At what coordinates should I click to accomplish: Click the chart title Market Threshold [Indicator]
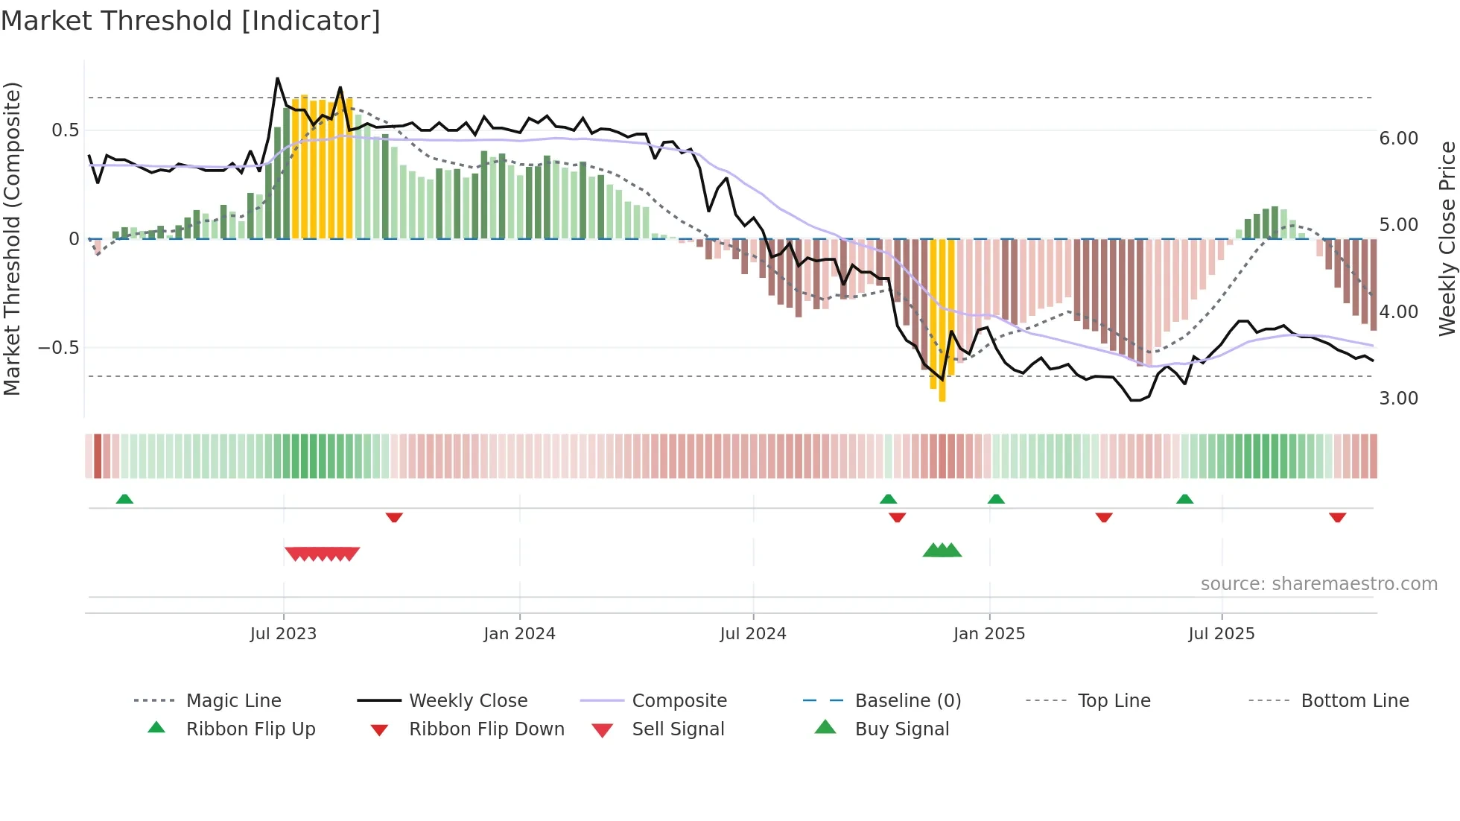tap(191, 21)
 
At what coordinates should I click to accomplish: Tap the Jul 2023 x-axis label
tap(283, 634)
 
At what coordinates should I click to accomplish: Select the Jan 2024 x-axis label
tap(519, 634)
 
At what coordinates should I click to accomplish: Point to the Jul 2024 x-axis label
tap(753, 634)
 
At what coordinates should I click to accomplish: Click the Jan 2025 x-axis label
tap(989, 634)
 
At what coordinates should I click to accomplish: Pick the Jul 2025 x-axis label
tap(1222, 634)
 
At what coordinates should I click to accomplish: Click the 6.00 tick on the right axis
tap(1398, 139)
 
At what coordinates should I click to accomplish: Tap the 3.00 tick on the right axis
tap(1398, 399)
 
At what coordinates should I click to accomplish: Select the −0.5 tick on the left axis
tap(59, 348)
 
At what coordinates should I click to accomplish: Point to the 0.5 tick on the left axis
tap(65, 130)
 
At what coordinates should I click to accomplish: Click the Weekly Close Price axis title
tap(1447, 238)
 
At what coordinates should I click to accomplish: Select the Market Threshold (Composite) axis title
tap(12, 238)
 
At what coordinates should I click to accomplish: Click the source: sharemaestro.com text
tap(1318, 584)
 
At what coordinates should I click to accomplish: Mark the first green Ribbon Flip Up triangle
tap(124, 499)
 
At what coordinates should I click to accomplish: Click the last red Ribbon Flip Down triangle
tap(1337, 517)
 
